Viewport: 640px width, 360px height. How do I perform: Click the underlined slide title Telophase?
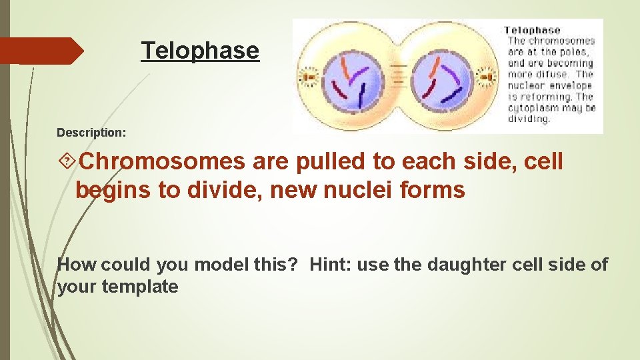point(200,51)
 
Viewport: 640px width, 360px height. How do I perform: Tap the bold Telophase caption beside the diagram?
point(531,30)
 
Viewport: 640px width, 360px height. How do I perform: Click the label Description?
point(91,133)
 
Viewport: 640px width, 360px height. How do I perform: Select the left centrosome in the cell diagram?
point(309,77)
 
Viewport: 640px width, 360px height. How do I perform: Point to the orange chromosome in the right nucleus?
point(434,67)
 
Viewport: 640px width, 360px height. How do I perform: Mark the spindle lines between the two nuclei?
point(398,77)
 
